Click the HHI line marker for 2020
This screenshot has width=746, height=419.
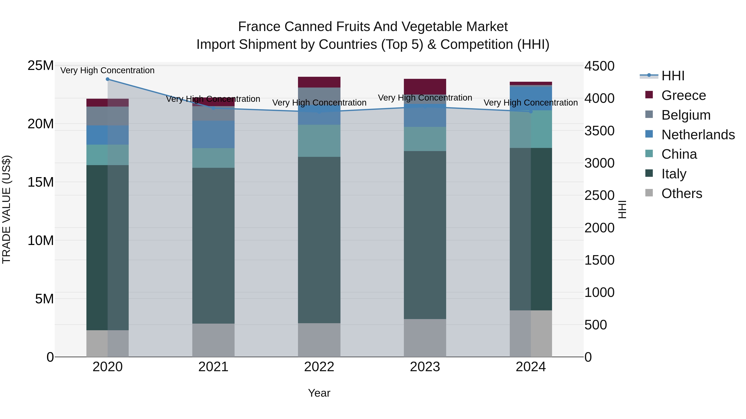coord(107,79)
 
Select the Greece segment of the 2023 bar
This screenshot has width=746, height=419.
coord(425,86)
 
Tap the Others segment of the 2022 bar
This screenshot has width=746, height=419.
coord(319,340)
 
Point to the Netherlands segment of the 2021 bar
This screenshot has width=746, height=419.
coord(213,134)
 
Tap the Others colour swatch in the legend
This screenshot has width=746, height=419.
coord(649,193)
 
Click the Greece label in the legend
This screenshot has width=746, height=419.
coord(683,95)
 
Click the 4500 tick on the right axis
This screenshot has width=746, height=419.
coord(599,66)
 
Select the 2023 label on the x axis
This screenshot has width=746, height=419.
coord(425,367)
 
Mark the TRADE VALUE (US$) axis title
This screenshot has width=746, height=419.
coord(6,209)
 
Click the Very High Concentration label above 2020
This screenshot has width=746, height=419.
coord(107,70)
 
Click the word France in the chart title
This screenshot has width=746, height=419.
coord(259,27)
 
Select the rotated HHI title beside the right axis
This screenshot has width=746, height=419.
coord(622,209)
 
